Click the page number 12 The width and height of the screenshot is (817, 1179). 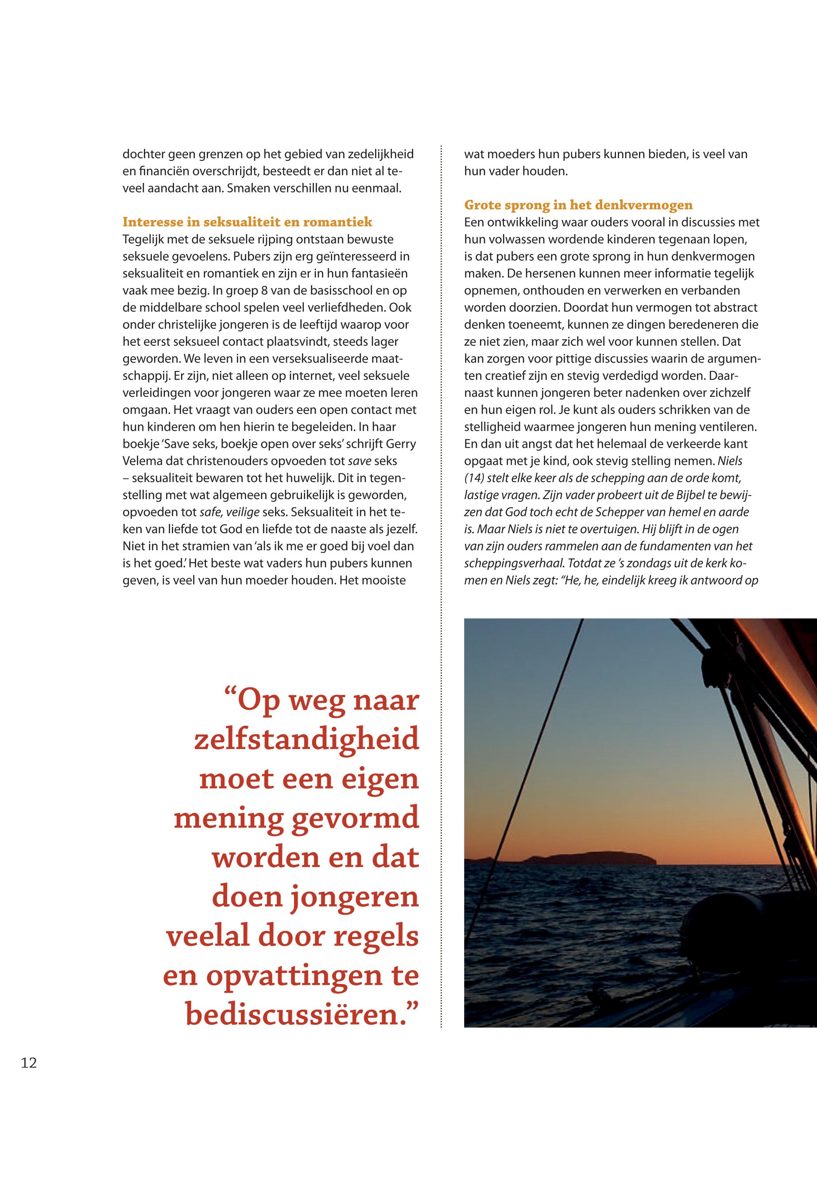pyautogui.click(x=29, y=1063)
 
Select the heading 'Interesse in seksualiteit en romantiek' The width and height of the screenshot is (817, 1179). pyautogui.click(x=247, y=222)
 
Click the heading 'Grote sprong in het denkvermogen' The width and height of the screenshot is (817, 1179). pyautogui.click(x=578, y=205)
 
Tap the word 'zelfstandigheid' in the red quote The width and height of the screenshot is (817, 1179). pyautogui.click(x=306, y=741)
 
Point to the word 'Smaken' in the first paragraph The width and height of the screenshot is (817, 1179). pyautogui.click(x=245, y=188)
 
